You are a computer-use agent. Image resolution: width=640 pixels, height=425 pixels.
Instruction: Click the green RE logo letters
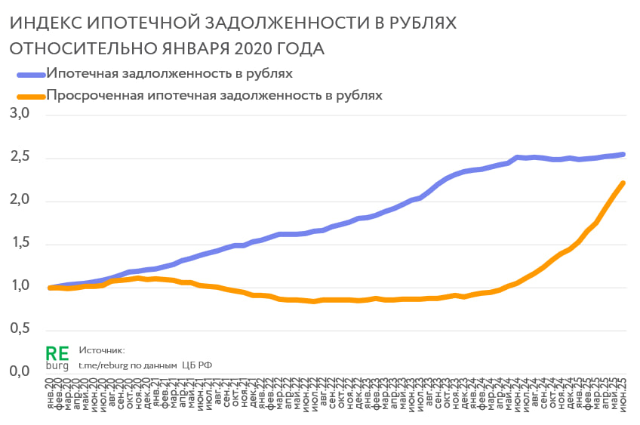coord(57,353)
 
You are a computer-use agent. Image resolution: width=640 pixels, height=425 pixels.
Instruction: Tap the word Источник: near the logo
coord(100,351)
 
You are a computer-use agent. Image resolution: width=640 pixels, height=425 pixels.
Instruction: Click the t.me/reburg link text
coord(106,365)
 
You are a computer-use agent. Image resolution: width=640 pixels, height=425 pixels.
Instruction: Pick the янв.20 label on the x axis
coord(50,396)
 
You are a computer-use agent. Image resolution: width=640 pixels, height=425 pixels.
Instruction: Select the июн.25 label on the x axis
coord(623,396)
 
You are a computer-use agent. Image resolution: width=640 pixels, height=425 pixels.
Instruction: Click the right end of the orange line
coord(623,183)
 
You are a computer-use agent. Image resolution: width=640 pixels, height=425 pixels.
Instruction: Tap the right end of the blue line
coord(623,154)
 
